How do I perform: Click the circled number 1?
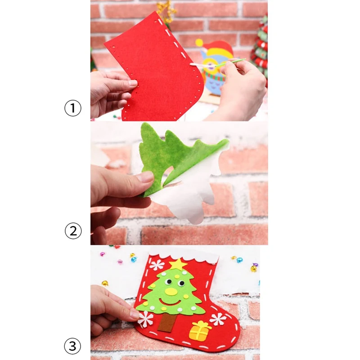(x=73, y=108)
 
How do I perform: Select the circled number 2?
(x=73, y=231)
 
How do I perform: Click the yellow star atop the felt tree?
(x=178, y=264)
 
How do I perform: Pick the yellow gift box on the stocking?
(x=200, y=331)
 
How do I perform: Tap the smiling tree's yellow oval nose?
(x=171, y=291)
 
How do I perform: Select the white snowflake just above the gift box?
(x=218, y=319)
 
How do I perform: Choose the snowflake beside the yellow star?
(x=157, y=264)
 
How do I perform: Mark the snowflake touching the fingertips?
(x=145, y=319)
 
